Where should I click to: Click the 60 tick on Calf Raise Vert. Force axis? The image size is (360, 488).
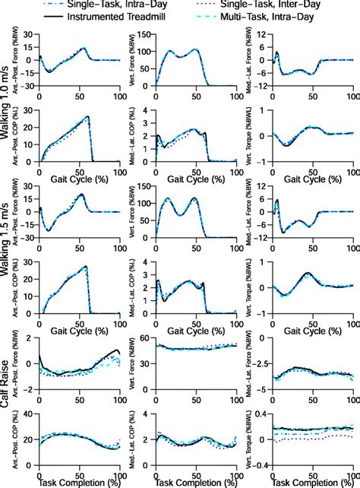(x=145, y=336)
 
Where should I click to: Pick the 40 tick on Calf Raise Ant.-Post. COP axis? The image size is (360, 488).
(x=28, y=414)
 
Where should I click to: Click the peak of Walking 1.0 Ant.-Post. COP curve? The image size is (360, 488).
(x=89, y=117)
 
